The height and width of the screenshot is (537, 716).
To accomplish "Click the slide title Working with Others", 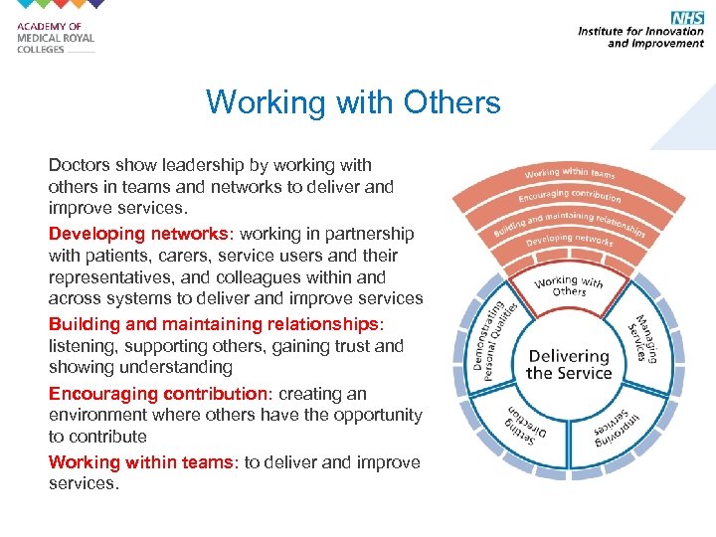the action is pos(353,102).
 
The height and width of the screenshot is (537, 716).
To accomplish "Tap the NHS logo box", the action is pos(687,18).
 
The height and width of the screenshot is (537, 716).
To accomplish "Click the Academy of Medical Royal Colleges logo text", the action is pos(56,38).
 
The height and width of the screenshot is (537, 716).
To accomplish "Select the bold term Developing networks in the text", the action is pos(138,234).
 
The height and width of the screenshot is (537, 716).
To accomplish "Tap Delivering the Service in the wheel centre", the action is pos(568,364).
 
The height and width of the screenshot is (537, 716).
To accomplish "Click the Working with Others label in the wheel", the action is pos(568,286).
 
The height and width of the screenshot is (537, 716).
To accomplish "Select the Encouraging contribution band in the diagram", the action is pos(570,194).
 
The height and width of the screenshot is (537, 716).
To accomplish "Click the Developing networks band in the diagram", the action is pos(570,240).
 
